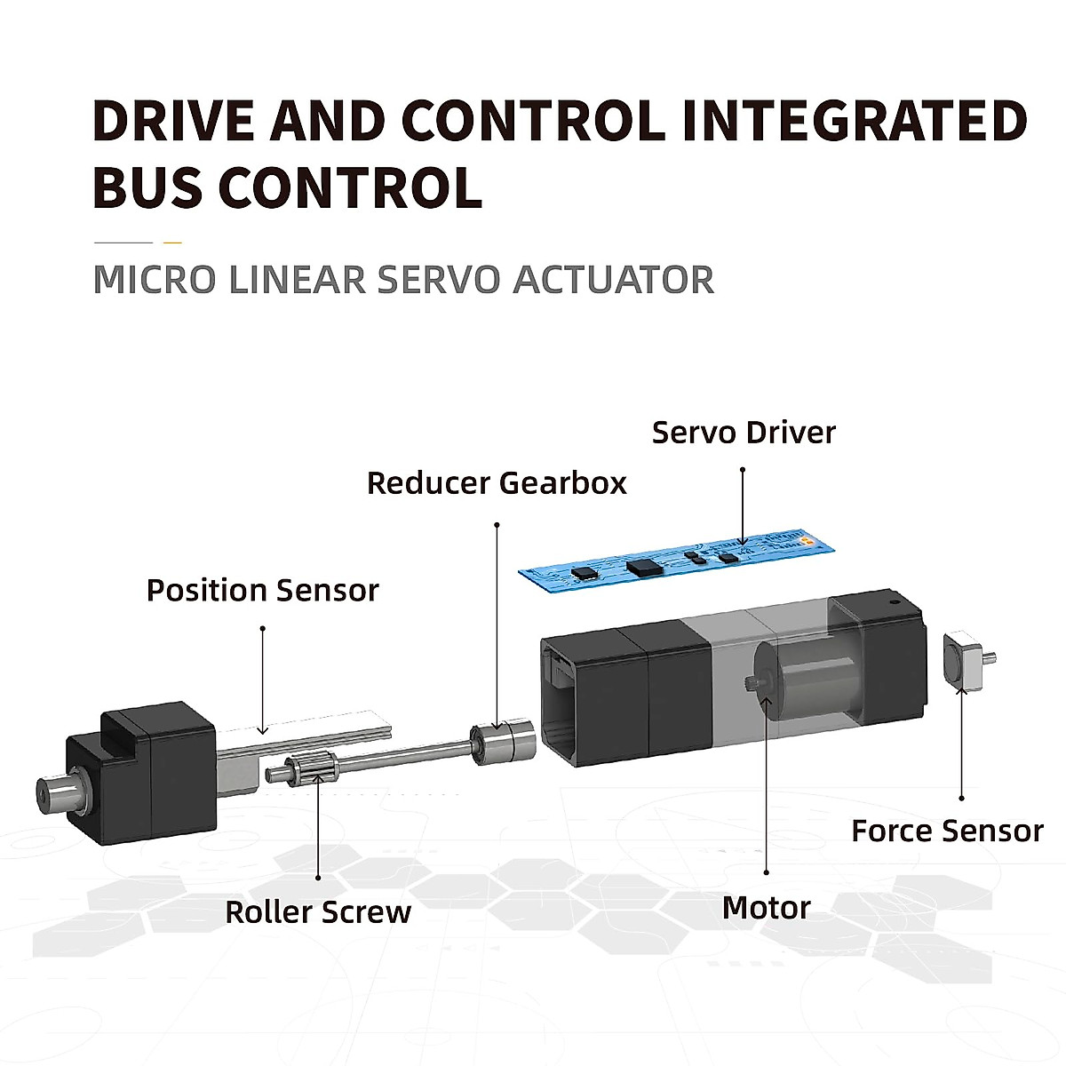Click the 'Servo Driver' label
click(744, 433)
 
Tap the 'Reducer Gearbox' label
click(497, 483)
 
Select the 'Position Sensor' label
click(262, 591)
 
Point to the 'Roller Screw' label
click(318, 912)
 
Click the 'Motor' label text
click(766, 908)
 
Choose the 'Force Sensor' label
click(947, 831)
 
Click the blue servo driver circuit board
click(680, 559)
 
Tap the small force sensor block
click(961, 659)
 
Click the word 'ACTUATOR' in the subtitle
click(614, 280)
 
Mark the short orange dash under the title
click(172, 242)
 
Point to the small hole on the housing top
click(895, 601)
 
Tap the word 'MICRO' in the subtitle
click(154, 280)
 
